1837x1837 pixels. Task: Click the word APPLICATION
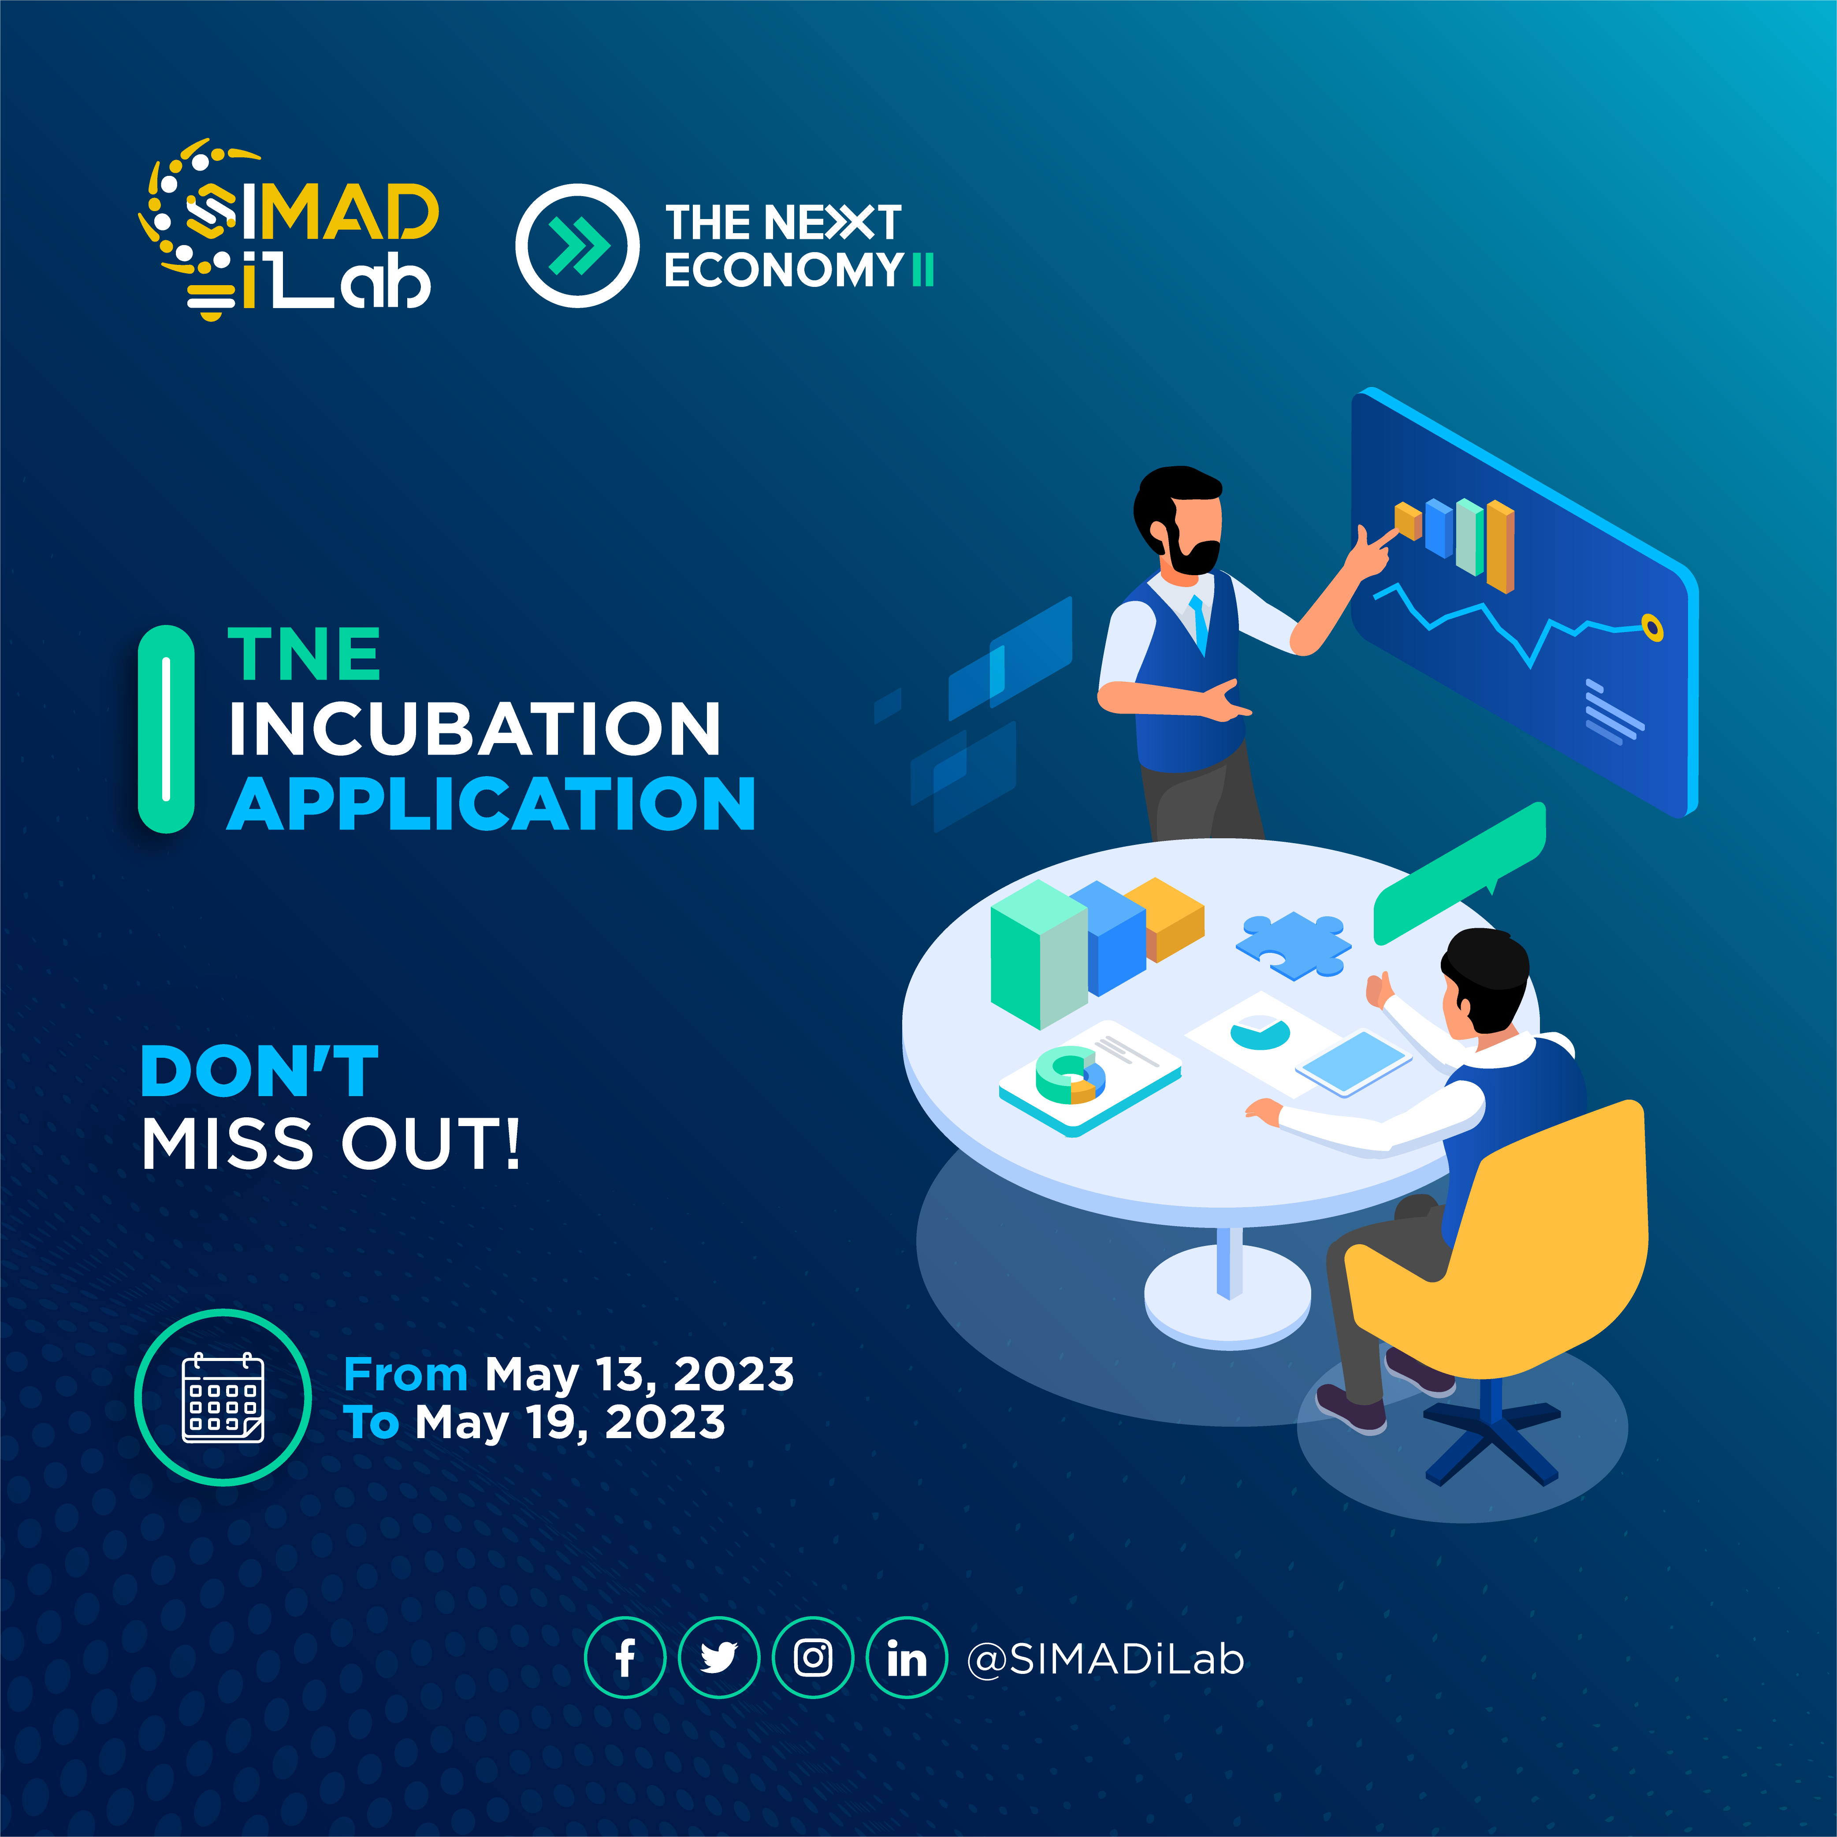(x=491, y=804)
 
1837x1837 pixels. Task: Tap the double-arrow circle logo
(x=577, y=245)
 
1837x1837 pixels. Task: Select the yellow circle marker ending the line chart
(x=1652, y=628)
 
